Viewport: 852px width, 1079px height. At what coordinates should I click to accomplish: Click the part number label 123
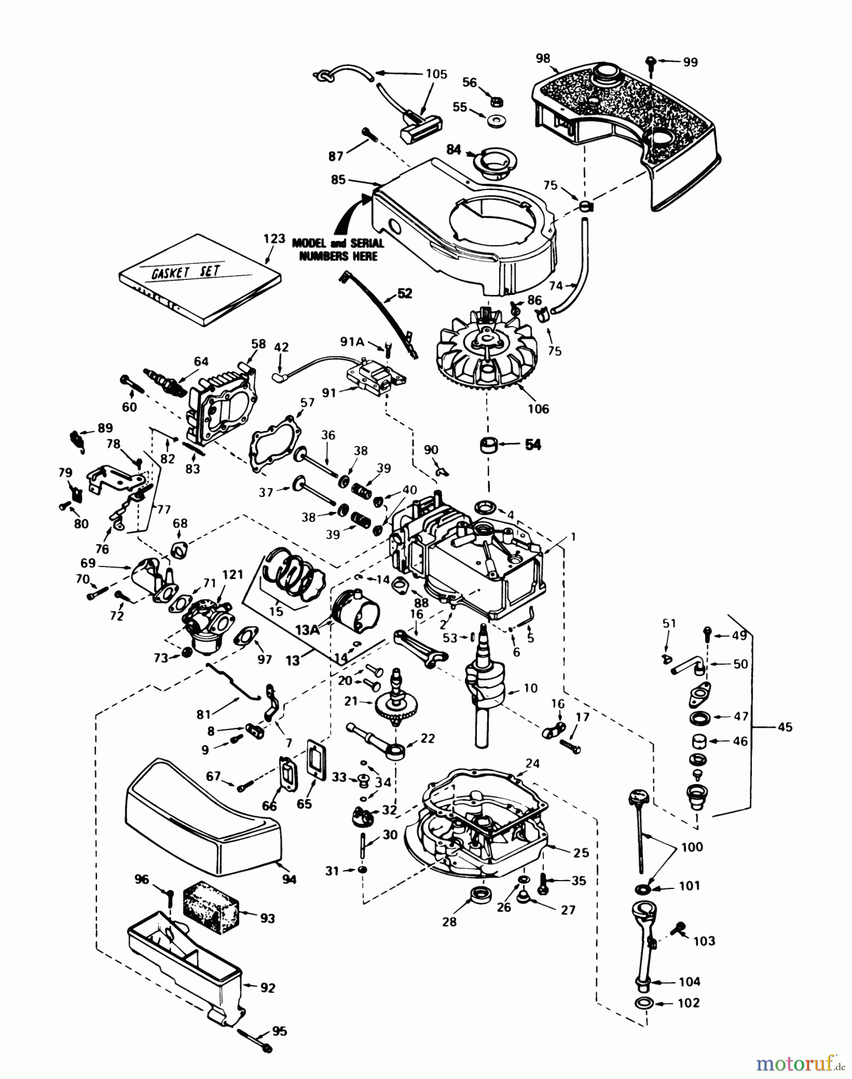[274, 239]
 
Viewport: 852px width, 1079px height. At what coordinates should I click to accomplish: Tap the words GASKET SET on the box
[185, 272]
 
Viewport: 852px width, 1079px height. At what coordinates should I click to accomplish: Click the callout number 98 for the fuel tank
[543, 58]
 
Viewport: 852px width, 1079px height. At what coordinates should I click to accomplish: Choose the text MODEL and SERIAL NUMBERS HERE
[336, 249]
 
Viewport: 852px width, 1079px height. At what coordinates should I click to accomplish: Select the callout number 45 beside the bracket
[784, 727]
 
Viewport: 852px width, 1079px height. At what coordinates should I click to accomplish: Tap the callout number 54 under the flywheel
[532, 444]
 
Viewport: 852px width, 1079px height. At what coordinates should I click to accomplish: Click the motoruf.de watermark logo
[796, 1063]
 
